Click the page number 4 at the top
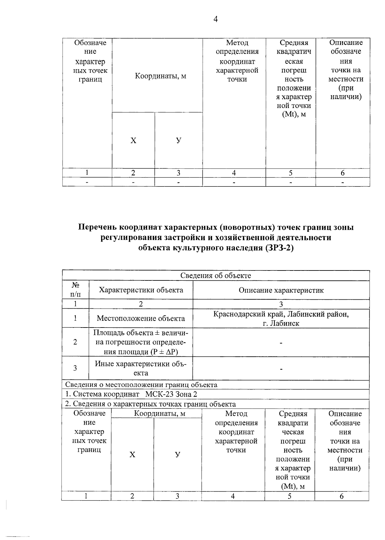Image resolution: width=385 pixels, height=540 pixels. tap(215, 20)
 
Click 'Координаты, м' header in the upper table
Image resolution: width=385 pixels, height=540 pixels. tap(160, 76)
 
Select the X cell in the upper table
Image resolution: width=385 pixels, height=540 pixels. tap(133, 140)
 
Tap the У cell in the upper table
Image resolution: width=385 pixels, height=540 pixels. tap(179, 140)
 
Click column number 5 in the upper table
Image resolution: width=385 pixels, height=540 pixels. tap(290, 173)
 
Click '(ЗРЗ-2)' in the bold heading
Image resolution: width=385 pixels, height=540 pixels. tap(279, 248)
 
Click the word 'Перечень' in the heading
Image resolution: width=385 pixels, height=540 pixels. tap(98, 227)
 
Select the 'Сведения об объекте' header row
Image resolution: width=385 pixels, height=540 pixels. tap(215, 276)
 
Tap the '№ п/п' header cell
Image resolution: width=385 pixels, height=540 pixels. tap(75, 290)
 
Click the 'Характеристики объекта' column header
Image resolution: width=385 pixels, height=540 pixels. tap(141, 290)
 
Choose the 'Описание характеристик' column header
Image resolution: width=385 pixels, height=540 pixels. tap(281, 290)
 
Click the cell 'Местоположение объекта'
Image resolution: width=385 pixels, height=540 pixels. tap(141, 318)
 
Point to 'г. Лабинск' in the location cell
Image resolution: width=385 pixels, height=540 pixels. tap(281, 323)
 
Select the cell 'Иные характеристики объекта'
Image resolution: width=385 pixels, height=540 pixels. tap(141, 368)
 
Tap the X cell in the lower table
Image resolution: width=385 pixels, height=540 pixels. tap(132, 455)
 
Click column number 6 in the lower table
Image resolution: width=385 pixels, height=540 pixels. tap(341, 496)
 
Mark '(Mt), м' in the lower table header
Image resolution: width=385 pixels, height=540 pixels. tap(293, 486)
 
